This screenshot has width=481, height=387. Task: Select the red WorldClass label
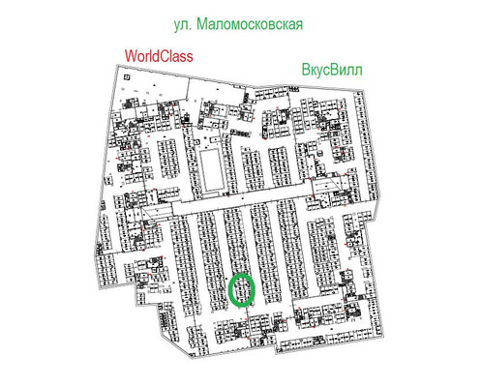click(156, 57)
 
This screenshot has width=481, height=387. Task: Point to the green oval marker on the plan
click(241, 289)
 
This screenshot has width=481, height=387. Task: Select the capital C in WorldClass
click(163, 57)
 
